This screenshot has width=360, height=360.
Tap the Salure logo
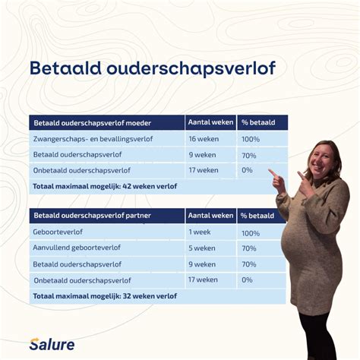click(52, 344)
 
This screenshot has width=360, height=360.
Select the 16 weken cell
click(203, 139)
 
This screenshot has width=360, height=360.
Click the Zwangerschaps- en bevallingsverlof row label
click(93, 139)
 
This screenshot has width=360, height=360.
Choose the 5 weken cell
click(202, 248)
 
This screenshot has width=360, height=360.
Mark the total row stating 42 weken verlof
click(106, 185)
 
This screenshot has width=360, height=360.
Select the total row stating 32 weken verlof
click(106, 295)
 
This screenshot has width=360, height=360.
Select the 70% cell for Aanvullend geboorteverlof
click(248, 248)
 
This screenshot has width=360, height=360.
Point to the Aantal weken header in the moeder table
click(210, 123)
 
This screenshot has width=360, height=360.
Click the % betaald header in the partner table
click(259, 216)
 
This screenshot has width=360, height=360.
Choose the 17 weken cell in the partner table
click(203, 279)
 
